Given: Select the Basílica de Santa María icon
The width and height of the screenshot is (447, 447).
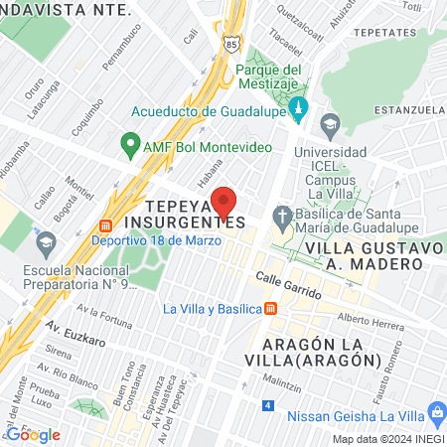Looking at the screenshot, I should click(x=282, y=216).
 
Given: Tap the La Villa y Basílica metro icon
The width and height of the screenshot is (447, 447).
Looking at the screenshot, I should click(x=270, y=308).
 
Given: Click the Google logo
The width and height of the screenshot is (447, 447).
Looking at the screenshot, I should click(x=33, y=434).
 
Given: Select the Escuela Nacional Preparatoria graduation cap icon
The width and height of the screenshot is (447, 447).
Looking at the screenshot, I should click(x=46, y=241).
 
